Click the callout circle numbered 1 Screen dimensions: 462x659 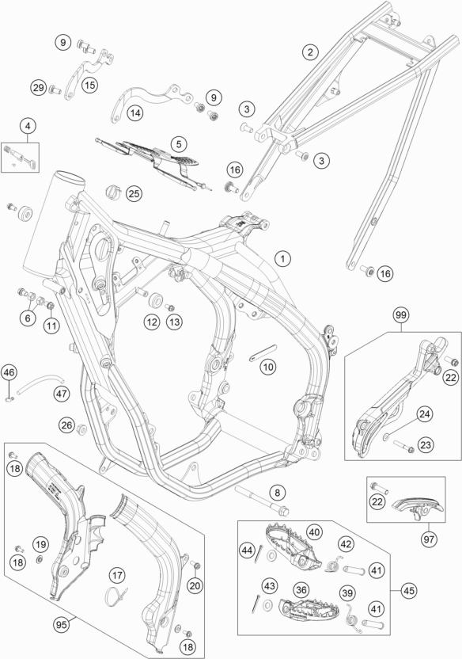click(282, 258)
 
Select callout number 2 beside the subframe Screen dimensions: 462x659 click(310, 52)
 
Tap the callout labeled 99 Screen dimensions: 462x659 click(401, 314)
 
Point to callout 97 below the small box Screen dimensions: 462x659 click(429, 539)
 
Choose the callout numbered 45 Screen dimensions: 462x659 click(409, 591)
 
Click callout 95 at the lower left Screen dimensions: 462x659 click(62, 625)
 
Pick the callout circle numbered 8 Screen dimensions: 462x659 click(277, 492)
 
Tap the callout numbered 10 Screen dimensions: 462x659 click(268, 367)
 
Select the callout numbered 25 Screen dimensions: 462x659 click(134, 194)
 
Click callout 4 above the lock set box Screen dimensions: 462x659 click(28, 126)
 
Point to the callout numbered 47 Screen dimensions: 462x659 click(62, 394)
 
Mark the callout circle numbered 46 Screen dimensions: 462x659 click(9, 372)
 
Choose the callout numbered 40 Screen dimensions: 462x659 click(314, 532)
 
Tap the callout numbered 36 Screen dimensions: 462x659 click(301, 589)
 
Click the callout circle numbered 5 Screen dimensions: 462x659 click(179, 144)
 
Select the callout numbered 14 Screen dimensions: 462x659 click(135, 112)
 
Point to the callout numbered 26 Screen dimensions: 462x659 click(66, 425)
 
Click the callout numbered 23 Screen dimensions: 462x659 click(426, 444)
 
